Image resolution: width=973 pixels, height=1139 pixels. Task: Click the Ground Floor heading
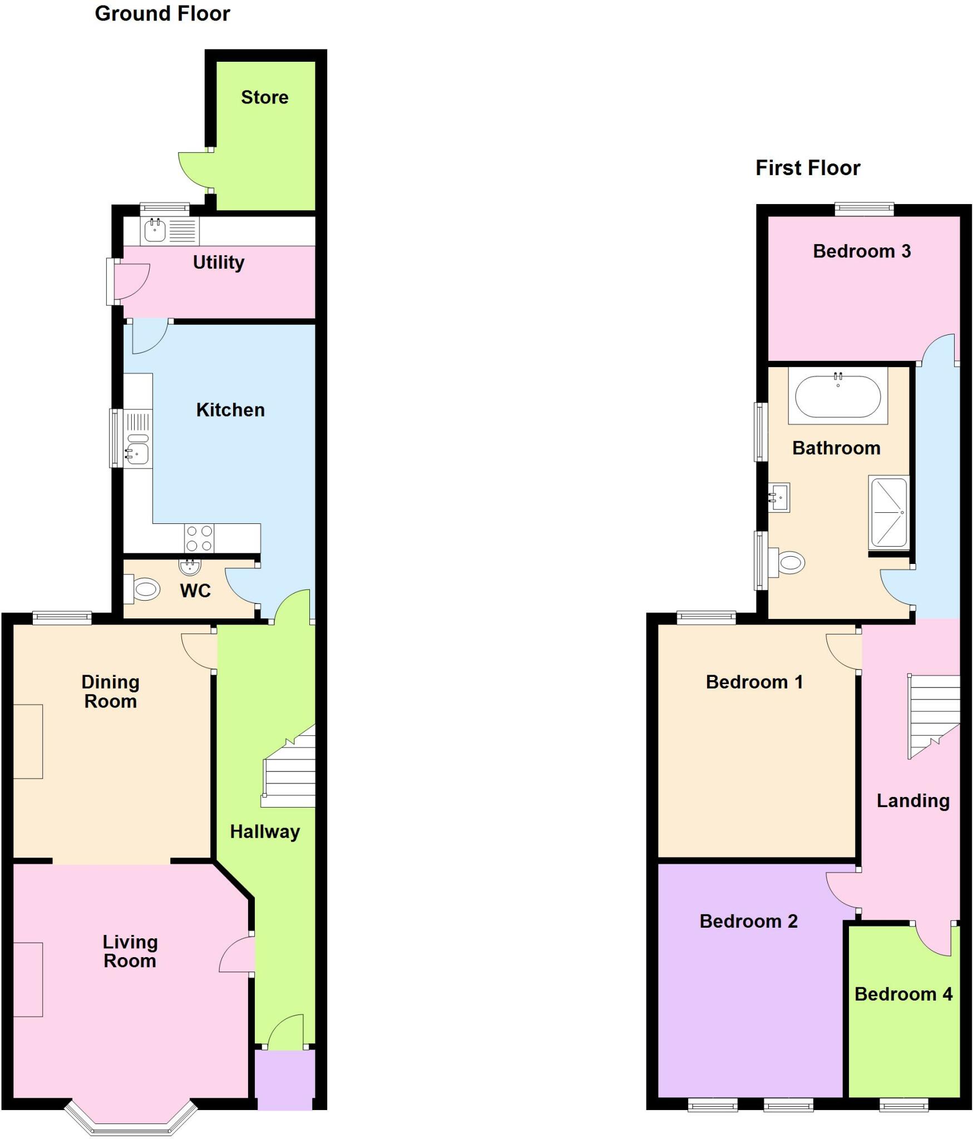point(162,14)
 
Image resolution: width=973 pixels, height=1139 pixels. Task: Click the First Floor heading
point(807,168)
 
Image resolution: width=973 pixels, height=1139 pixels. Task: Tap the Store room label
point(264,97)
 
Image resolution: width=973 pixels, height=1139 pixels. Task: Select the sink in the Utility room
point(155,230)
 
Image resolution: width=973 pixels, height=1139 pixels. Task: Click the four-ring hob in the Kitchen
point(199,538)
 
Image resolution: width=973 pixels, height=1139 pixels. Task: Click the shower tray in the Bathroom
point(888,512)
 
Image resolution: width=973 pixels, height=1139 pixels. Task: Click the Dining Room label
point(110,691)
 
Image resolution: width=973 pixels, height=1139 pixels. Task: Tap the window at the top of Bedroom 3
point(863,210)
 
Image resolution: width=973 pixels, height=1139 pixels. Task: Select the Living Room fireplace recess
point(28,979)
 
